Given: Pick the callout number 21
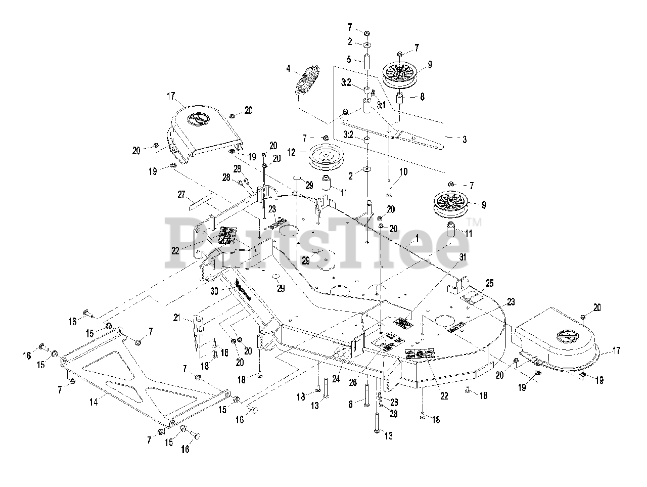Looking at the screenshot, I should point(176,317).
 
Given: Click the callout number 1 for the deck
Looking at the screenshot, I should point(417,237).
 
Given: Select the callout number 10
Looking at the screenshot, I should point(403,172).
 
